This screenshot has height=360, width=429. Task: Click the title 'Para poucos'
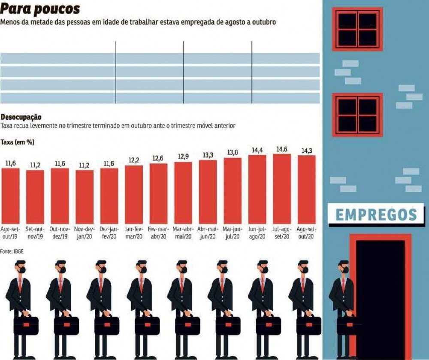40,8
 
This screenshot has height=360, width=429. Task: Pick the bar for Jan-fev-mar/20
134,193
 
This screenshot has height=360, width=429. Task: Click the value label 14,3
306,151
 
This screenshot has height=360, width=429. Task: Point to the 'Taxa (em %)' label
17,142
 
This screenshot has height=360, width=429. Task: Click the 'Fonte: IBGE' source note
12,251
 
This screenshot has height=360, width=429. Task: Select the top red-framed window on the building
357,29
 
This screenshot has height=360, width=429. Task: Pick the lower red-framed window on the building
357,115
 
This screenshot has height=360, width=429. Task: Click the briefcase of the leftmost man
26,325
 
